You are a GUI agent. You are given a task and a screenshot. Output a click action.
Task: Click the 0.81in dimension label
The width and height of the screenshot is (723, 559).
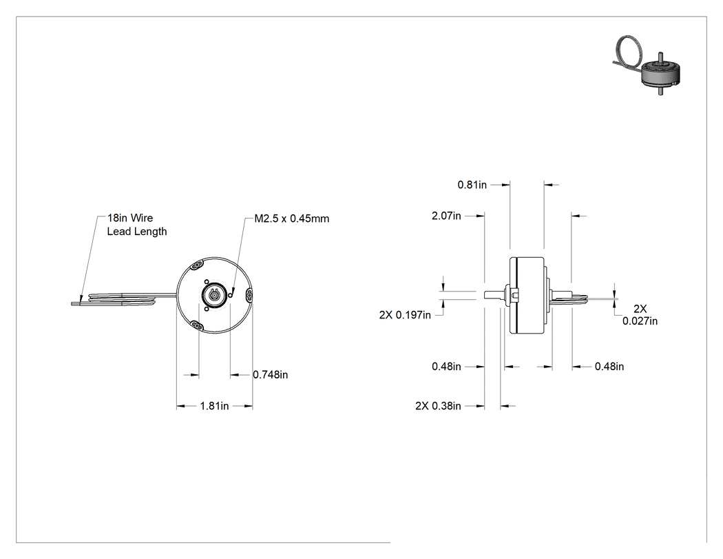(472, 185)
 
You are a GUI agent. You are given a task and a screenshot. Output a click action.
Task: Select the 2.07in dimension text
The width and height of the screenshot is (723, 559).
(446, 216)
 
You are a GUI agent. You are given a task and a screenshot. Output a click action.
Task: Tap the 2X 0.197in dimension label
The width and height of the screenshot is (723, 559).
(405, 315)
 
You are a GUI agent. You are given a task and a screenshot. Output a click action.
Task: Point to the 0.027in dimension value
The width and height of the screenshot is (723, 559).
(640, 321)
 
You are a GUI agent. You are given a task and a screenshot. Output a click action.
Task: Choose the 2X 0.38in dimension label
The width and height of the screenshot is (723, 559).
(438, 406)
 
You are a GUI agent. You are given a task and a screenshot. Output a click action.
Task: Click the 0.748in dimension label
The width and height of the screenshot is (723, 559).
(270, 375)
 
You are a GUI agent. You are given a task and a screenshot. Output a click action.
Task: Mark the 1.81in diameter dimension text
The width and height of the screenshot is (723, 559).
(214, 406)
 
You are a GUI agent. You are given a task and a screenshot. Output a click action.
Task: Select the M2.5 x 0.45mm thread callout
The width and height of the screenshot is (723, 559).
(292, 218)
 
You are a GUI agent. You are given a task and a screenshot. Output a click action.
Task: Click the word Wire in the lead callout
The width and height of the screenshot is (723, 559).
(142, 218)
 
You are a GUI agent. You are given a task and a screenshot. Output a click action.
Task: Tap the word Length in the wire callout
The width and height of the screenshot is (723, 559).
(151, 232)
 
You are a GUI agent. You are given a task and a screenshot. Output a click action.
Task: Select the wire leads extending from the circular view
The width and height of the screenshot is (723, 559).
(123, 298)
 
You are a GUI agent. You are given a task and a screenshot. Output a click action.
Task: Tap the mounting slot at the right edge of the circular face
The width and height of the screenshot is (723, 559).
(249, 294)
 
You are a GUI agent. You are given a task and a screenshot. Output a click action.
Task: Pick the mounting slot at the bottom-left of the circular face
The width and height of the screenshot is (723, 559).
(197, 326)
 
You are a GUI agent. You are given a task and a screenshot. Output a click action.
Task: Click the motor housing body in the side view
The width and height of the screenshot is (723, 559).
(527, 296)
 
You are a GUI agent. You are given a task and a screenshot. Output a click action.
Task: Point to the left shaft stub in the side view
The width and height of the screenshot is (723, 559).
(494, 294)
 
